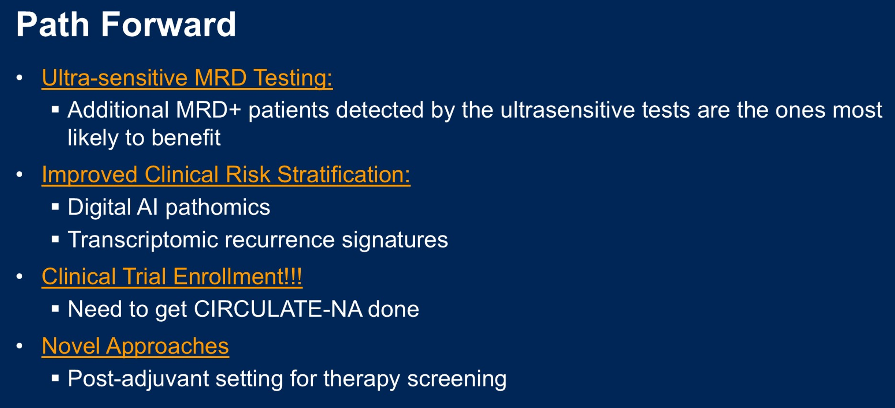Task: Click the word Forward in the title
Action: coord(168,24)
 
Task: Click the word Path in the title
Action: coord(53,24)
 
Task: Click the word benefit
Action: coord(186,138)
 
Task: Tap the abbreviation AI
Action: coord(147,207)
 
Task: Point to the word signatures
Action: coord(395,240)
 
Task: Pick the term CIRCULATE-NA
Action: coord(278,309)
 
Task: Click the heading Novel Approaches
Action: coord(135,346)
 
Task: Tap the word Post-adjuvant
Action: coord(138,378)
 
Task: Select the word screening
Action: coord(457,379)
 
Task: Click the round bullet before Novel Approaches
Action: coord(19,345)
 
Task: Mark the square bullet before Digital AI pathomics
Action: coord(56,207)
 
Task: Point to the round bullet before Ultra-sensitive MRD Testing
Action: coord(19,77)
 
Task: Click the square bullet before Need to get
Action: coord(56,309)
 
